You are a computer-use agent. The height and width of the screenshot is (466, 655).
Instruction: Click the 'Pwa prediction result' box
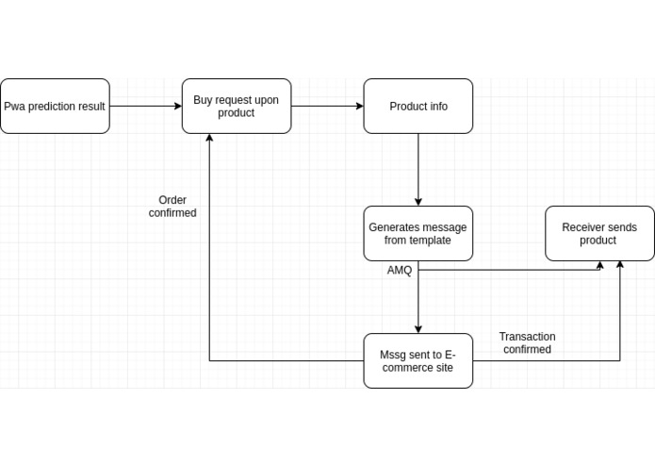[55, 107]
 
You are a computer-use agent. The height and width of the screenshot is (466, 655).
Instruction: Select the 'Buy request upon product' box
[237, 107]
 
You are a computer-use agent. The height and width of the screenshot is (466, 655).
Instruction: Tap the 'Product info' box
[418, 107]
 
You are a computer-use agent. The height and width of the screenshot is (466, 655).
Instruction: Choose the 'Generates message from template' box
[418, 234]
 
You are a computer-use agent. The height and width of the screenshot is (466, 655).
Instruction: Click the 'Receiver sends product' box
[599, 234]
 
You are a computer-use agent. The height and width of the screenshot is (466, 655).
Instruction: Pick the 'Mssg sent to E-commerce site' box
[418, 361]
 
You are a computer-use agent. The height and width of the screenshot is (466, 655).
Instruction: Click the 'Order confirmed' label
[172, 207]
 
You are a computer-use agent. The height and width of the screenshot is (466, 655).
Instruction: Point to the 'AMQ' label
[400, 271]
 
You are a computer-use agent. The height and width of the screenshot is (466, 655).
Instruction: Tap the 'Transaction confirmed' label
[527, 343]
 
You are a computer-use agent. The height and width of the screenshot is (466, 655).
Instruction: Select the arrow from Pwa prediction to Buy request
[145, 107]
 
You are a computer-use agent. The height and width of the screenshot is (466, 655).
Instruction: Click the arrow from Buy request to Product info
[327, 107]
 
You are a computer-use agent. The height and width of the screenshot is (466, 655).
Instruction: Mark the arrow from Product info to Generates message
[418, 170]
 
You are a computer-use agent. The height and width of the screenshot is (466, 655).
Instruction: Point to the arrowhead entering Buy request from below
[209, 139]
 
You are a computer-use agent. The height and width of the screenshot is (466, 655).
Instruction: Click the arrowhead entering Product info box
[359, 107]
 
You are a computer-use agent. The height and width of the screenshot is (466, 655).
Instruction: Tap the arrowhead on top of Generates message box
[418, 201]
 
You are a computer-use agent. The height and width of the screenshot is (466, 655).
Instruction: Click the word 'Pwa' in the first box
[14, 107]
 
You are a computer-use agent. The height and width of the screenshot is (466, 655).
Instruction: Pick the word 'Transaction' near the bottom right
[527, 337]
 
